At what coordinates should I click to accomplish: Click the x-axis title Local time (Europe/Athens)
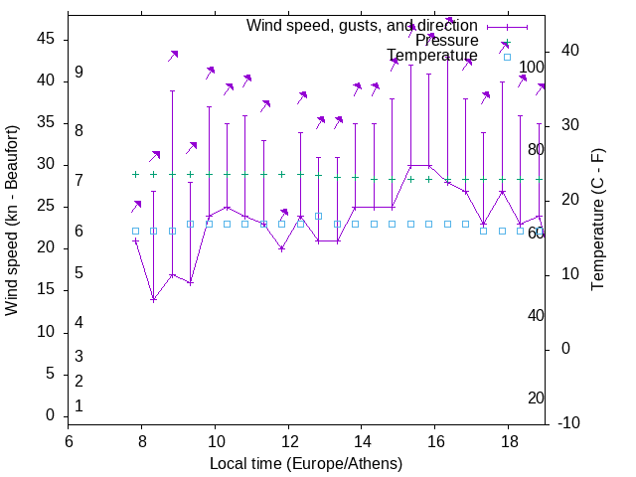coord(305,464)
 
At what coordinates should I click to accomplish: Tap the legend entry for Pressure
coord(446,41)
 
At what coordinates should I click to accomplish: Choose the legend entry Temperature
coord(431,56)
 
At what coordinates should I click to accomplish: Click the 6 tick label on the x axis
coord(69,441)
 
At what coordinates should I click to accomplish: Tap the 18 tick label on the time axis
coord(509,441)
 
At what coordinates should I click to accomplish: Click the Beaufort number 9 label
coord(79,73)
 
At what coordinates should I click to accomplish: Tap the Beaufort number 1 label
coord(79,406)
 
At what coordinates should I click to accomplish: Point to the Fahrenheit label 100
coord(533,68)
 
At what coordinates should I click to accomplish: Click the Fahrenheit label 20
coord(536,398)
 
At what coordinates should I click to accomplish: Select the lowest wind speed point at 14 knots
coord(154,299)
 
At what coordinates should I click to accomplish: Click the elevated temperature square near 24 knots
coord(318,216)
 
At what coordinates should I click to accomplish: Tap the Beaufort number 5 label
coord(79,273)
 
